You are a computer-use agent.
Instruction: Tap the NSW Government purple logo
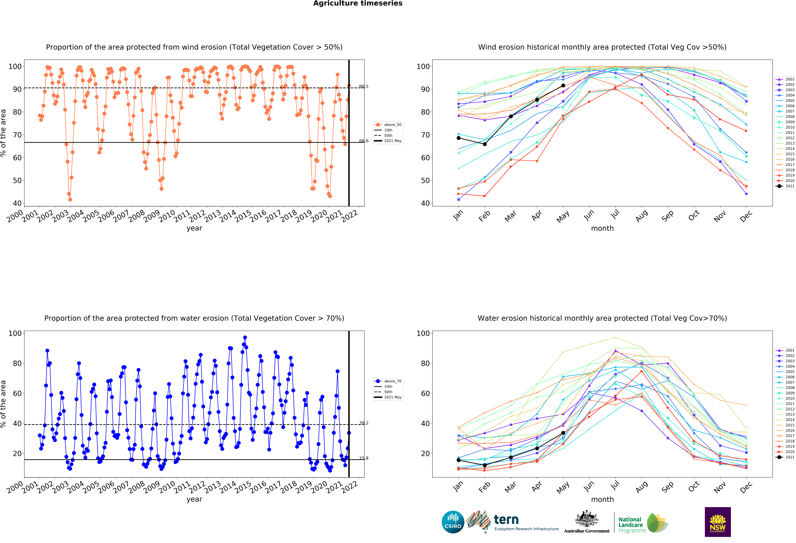(x=718, y=522)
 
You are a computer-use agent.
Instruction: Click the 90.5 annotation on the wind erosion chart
(x=364, y=86)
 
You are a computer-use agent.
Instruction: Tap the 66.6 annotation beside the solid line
(x=364, y=141)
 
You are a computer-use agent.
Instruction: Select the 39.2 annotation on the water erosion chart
(x=364, y=423)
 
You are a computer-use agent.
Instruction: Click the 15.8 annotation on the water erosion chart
(x=364, y=458)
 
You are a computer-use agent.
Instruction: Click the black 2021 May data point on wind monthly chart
(x=563, y=85)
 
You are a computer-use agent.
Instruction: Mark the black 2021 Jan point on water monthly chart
(x=459, y=460)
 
